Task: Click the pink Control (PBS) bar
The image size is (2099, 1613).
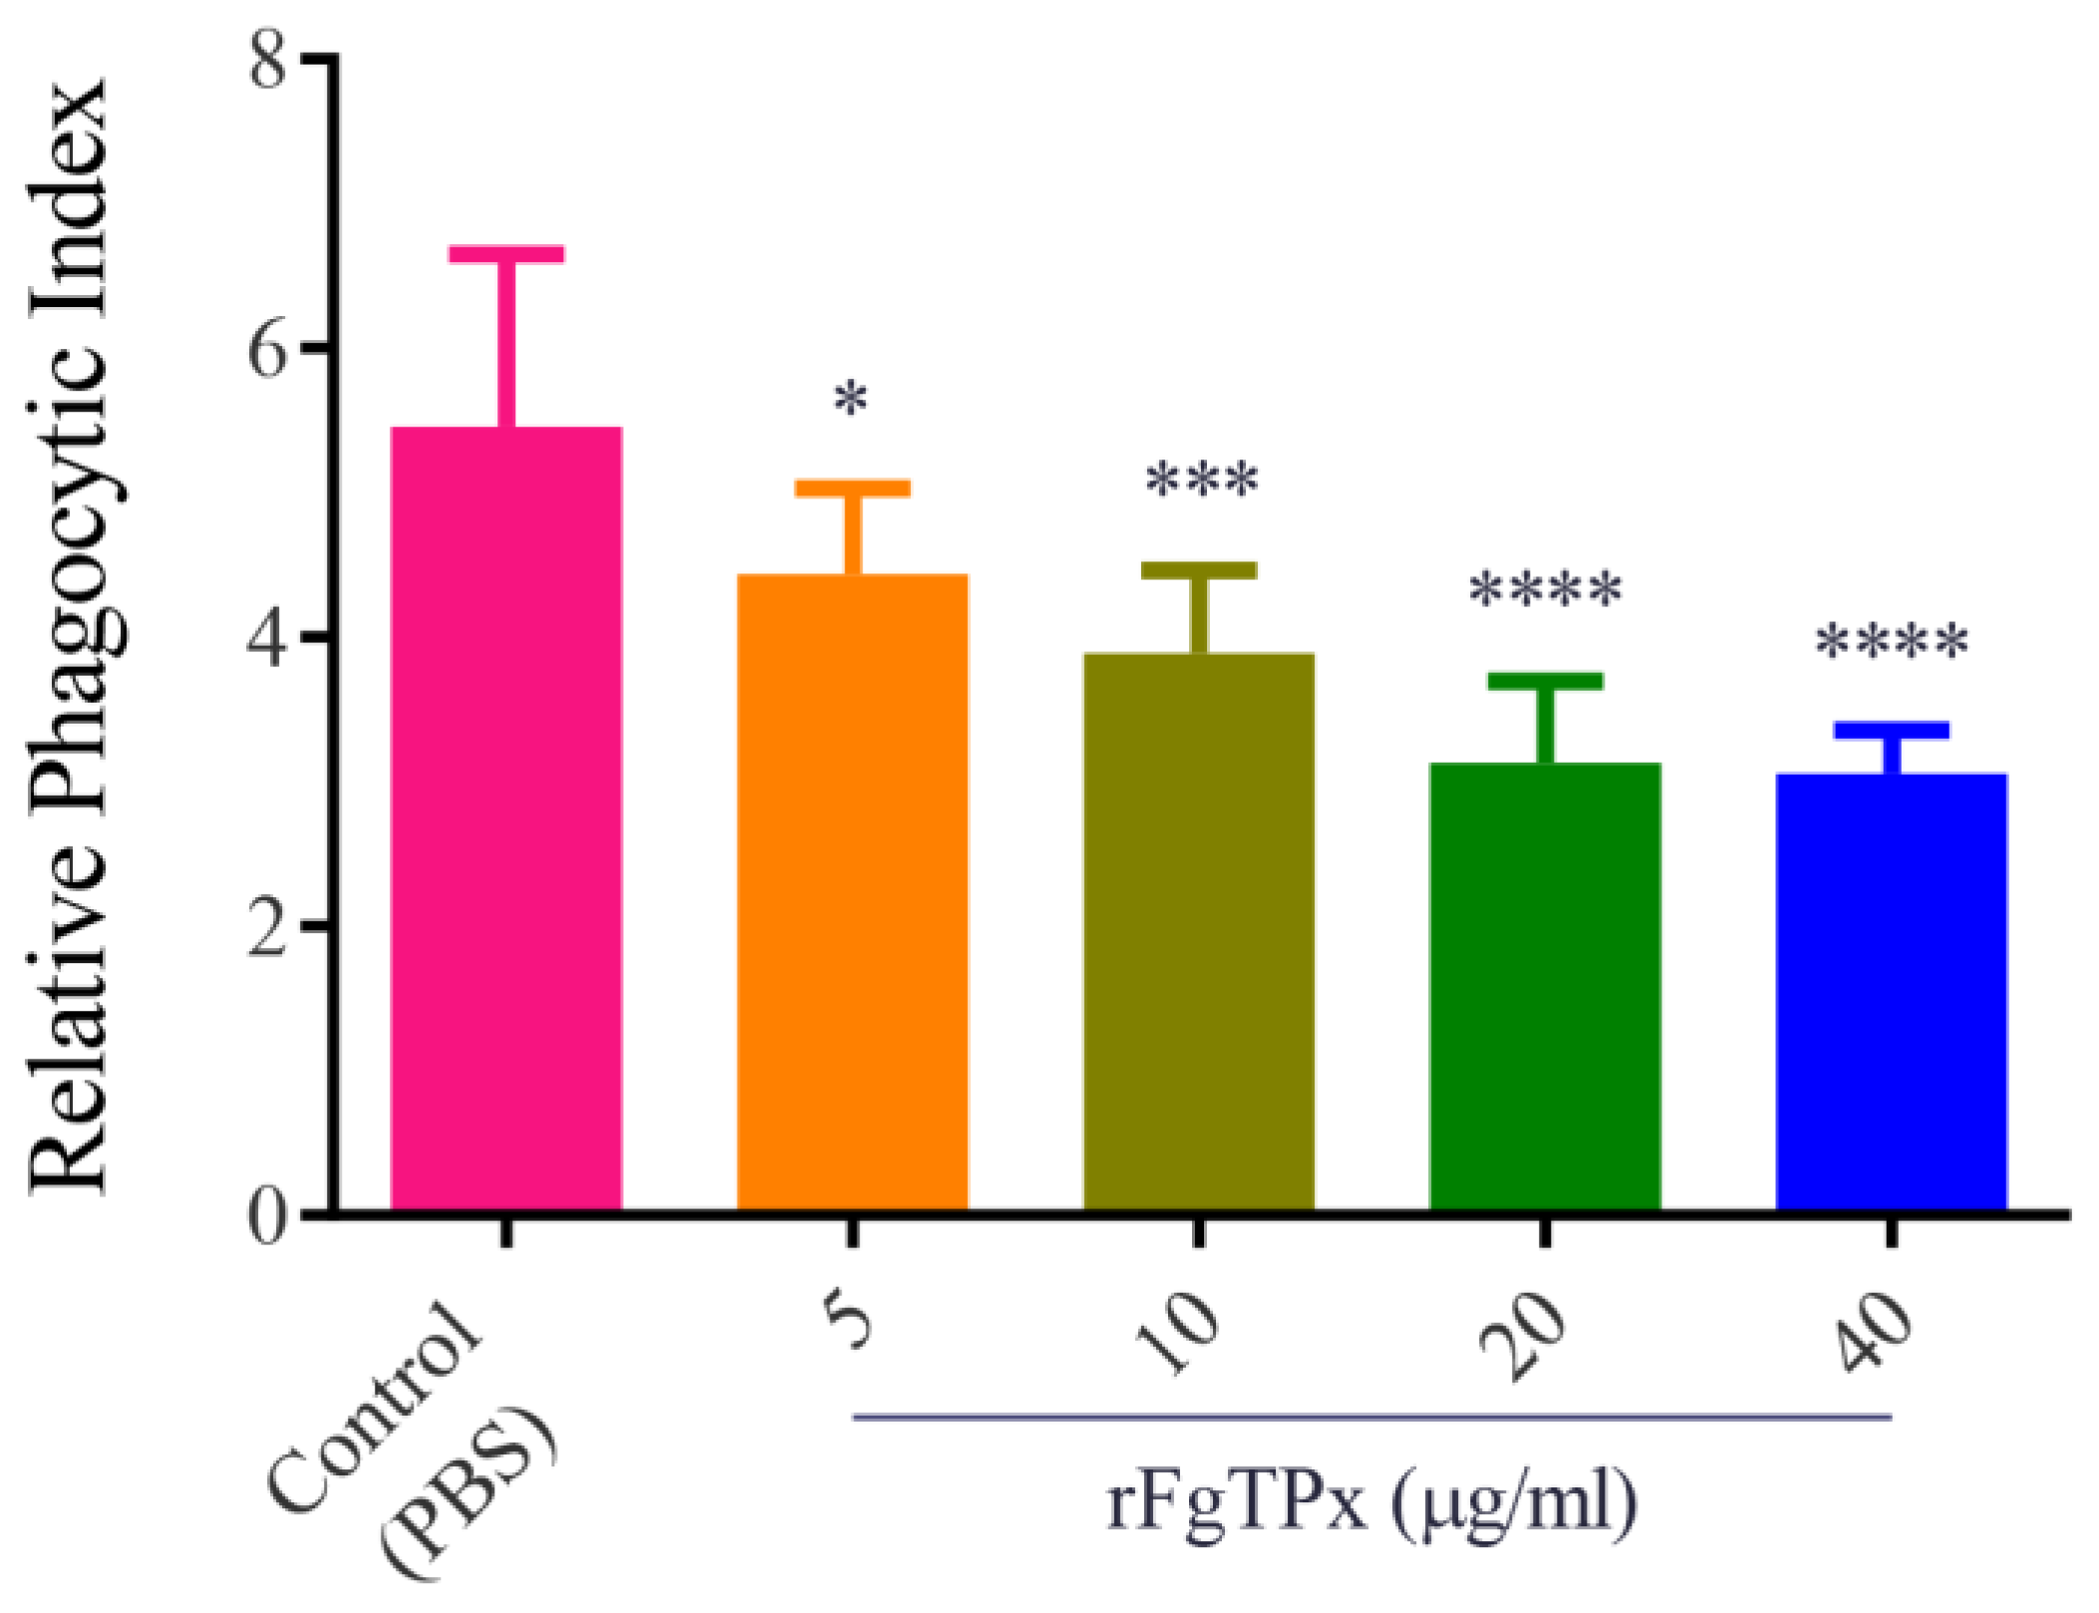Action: pyautogui.click(x=506, y=817)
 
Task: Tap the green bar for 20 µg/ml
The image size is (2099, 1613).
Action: pyautogui.click(x=1545, y=987)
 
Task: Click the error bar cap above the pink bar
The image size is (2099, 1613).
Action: pyautogui.click(x=506, y=254)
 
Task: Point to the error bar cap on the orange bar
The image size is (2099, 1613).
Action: pyautogui.click(x=852, y=488)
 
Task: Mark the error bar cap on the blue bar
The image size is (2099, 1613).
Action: pyautogui.click(x=1891, y=731)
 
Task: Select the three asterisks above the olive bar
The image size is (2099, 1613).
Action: pyautogui.click(x=1201, y=482)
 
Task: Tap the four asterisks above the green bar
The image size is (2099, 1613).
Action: pyautogui.click(x=1546, y=590)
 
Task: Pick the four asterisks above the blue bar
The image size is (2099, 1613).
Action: pyautogui.click(x=1892, y=642)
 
